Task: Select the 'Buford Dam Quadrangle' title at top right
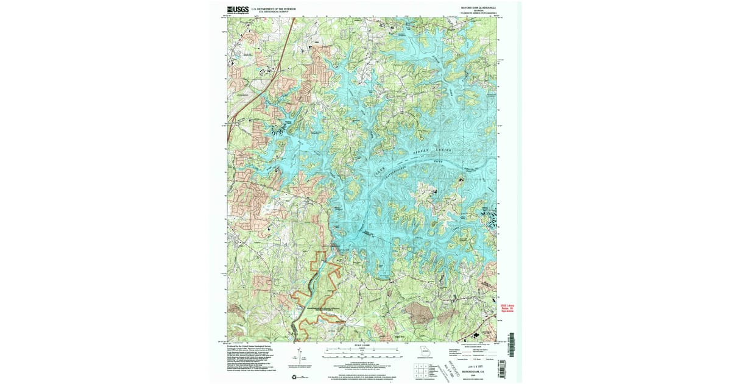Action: click(478, 8)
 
